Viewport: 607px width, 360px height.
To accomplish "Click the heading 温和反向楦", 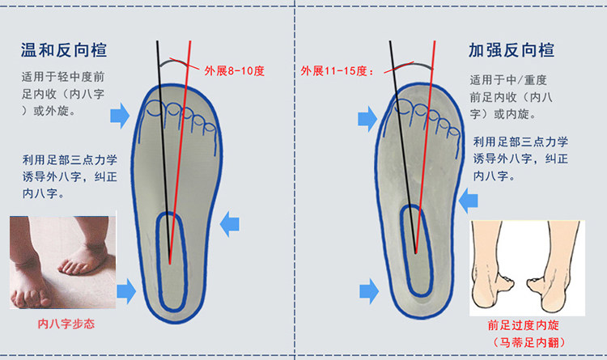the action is pyautogui.click(x=64, y=50).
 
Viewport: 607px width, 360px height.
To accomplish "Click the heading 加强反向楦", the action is pyautogui.click(x=511, y=50).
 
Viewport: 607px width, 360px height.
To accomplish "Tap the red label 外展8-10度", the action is pyautogui.click(x=236, y=70).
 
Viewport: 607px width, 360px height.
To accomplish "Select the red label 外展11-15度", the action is pyautogui.click(x=337, y=70).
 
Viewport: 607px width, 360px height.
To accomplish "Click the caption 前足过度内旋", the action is pyautogui.click(x=522, y=325).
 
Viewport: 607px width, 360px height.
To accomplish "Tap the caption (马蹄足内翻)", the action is pyautogui.click(x=522, y=343).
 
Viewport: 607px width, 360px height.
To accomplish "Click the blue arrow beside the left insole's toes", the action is pyautogui.click(x=120, y=115).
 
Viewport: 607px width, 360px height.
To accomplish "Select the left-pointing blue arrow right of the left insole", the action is pyautogui.click(x=231, y=222).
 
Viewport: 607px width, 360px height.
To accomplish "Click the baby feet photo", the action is pyautogui.click(x=62, y=261).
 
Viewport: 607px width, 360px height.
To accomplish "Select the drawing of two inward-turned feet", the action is pyautogui.click(x=526, y=268).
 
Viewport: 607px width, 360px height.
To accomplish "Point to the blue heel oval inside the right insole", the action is pyautogui.click(x=414, y=249).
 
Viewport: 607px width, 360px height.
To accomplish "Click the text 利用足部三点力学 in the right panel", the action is pyautogui.click(x=520, y=142).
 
